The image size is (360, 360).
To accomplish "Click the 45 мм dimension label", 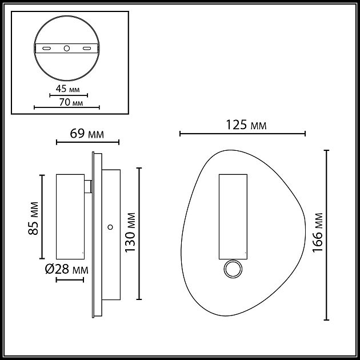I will (x=67, y=89).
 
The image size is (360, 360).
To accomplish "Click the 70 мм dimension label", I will (x=67, y=102).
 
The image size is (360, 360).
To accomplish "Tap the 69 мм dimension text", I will (x=87, y=134).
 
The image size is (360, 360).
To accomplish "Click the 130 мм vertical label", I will (x=131, y=233).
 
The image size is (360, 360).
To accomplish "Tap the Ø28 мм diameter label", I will (x=67, y=269).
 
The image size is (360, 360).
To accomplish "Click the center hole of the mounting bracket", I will (x=67, y=49).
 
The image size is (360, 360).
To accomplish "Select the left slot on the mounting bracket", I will (x=48, y=49).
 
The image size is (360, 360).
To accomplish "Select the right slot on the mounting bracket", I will (x=86, y=49).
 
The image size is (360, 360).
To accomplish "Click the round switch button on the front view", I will (x=233, y=270).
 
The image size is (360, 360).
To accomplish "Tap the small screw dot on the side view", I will (x=109, y=226).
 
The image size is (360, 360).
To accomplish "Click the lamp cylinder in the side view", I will (x=70, y=216).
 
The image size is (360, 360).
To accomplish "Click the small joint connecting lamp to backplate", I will (x=88, y=186).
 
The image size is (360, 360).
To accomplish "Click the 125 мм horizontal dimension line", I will (x=243, y=134).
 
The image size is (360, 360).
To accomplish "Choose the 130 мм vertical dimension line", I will (x=139, y=233).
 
